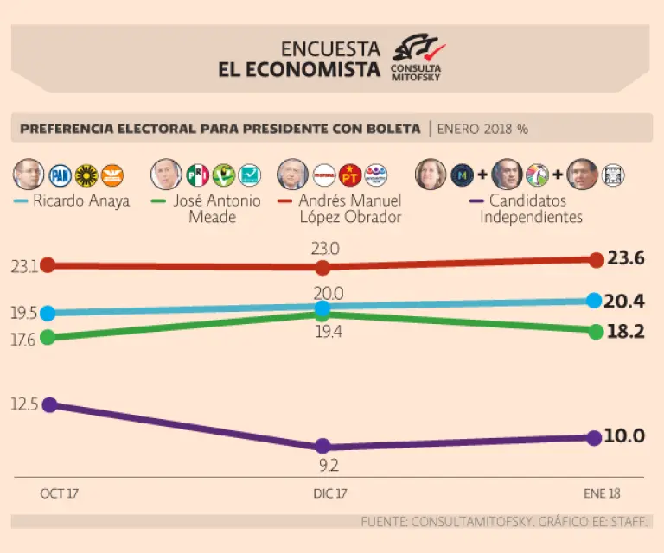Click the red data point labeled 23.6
[596, 259]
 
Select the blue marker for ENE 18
[594, 301]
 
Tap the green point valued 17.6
[48, 337]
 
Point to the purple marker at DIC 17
[322, 447]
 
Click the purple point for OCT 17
[49, 404]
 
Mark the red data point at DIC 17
[322, 267]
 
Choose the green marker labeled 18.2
[595, 331]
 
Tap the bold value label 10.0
[624, 436]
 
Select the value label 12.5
[24, 404]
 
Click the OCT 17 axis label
[59, 493]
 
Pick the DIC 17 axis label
[330, 493]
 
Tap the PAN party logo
[60, 175]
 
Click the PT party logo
[350, 175]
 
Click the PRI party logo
[198, 175]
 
